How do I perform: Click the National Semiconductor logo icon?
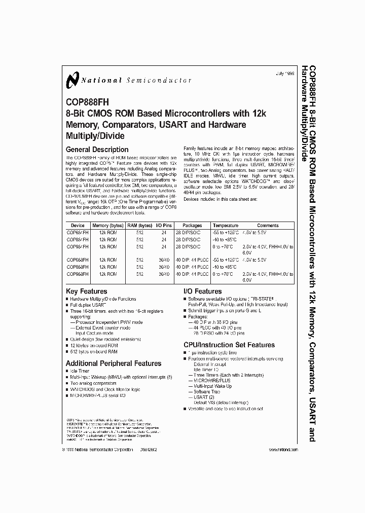click(x=71, y=80)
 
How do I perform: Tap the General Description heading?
click(x=97, y=150)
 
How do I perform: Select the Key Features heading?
click(x=86, y=291)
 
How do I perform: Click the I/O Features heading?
click(x=202, y=291)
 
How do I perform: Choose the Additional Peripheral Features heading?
click(x=114, y=363)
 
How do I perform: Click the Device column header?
click(x=78, y=226)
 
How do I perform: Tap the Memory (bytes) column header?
click(x=107, y=226)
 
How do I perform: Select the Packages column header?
click(x=192, y=226)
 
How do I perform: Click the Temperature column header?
click(x=226, y=226)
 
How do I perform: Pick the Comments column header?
click(x=268, y=226)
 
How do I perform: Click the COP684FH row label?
click(x=78, y=232)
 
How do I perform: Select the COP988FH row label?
click(x=78, y=273)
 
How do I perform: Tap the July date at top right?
click(x=285, y=74)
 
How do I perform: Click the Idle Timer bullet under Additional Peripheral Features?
click(x=80, y=372)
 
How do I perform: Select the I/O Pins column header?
click(x=164, y=226)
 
